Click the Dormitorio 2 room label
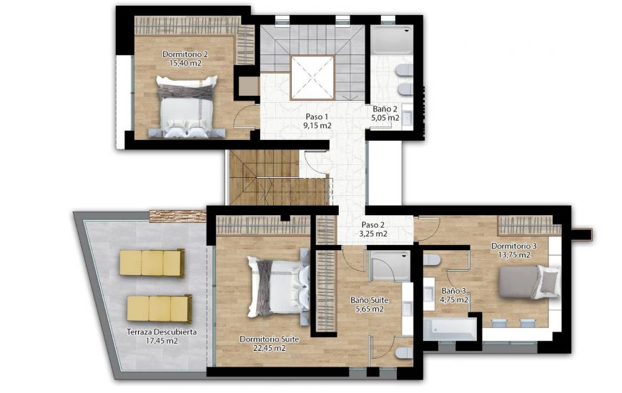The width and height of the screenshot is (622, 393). (x=185, y=54)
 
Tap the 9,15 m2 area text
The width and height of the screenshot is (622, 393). (x=317, y=126)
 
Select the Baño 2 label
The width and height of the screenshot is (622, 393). (x=385, y=109)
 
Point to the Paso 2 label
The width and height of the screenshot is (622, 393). (x=373, y=224)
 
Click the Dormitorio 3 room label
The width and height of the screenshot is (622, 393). (x=510, y=246)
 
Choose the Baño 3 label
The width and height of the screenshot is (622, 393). (x=454, y=291)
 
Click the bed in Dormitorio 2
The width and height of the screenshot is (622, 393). (x=186, y=107)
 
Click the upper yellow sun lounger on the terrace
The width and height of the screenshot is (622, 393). (x=152, y=263)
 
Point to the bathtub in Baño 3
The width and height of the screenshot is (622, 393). (x=450, y=329)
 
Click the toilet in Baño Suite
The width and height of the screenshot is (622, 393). (x=403, y=353)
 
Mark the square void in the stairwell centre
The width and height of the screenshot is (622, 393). (x=312, y=77)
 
